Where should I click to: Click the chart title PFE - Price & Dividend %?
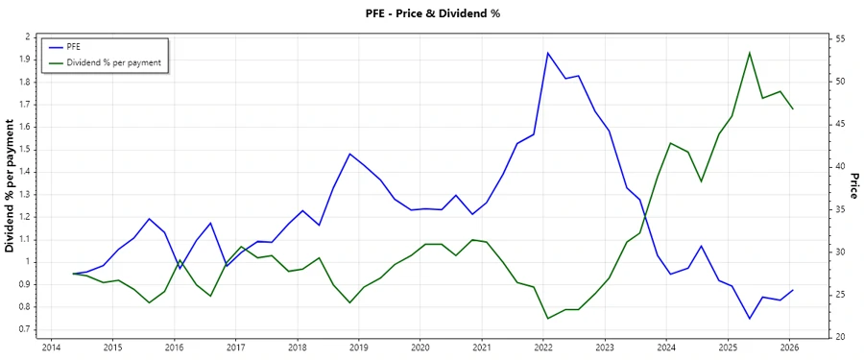(x=432, y=13)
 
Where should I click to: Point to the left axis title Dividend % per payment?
(x=11, y=187)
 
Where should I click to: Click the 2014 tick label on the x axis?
(x=51, y=348)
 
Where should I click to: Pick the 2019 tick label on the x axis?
(x=358, y=348)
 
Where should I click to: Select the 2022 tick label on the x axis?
(x=543, y=348)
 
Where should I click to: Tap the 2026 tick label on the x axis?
(x=789, y=348)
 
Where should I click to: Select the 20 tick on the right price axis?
(x=840, y=337)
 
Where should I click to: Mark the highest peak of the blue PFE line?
(x=547, y=53)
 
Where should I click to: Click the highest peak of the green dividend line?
(x=750, y=53)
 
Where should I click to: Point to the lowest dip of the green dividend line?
(x=547, y=319)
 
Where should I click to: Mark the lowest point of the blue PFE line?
(x=750, y=319)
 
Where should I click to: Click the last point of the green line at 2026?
(x=793, y=108)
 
